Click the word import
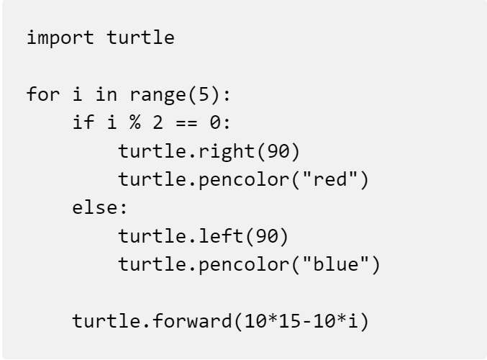tap(60, 38)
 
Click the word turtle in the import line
tap(140, 37)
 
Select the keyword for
tap(43, 94)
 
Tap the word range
tap(158, 95)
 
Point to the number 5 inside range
tap(204, 94)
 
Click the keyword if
tap(83, 122)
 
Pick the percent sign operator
tap(135, 122)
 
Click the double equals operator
tap(186, 123)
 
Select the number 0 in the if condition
tap(215, 122)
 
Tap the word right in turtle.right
tap(227, 151)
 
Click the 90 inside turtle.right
tap(278, 151)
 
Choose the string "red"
tap(329, 179)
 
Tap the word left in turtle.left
tap(221, 235)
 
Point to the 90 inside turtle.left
tap(266, 236)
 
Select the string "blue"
tap(335, 264)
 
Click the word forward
tap(192, 320)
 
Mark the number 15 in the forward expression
tap(289, 321)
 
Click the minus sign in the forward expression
tap(306, 322)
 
